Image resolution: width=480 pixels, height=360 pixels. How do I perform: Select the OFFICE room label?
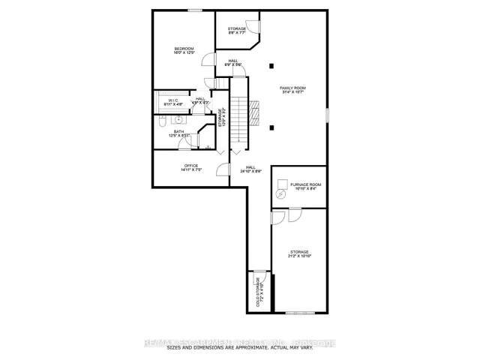click(191, 167)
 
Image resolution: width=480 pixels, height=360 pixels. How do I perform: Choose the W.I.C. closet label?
click(172, 100)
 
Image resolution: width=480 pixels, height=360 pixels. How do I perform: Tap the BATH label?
click(178, 133)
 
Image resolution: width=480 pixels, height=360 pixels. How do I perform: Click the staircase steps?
click(238, 120)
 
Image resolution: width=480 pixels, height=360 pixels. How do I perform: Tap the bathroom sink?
click(179, 119)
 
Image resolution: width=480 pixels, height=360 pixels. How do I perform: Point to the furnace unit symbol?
click(280, 193)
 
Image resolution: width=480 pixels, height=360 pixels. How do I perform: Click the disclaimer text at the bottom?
click(240, 347)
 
